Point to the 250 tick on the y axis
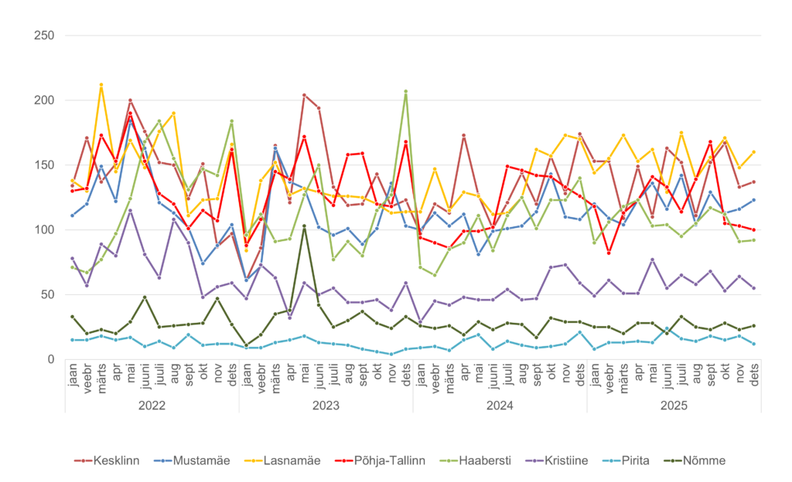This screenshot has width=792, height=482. pyautogui.click(x=43, y=36)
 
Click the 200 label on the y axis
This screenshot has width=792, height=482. pyautogui.click(x=43, y=100)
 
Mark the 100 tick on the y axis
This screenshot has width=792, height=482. pyautogui.click(x=43, y=229)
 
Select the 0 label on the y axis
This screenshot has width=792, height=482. pyautogui.click(x=50, y=359)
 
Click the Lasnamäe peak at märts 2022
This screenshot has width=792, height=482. pyautogui.click(x=101, y=85)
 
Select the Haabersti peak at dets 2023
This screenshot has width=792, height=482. pyautogui.click(x=405, y=91)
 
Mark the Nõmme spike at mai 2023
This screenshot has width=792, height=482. pyautogui.click(x=304, y=226)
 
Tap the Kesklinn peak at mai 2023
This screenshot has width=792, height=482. pyautogui.click(x=304, y=95)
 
